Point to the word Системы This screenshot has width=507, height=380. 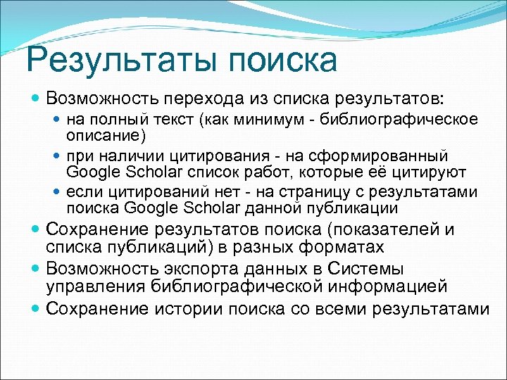click(x=364, y=269)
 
